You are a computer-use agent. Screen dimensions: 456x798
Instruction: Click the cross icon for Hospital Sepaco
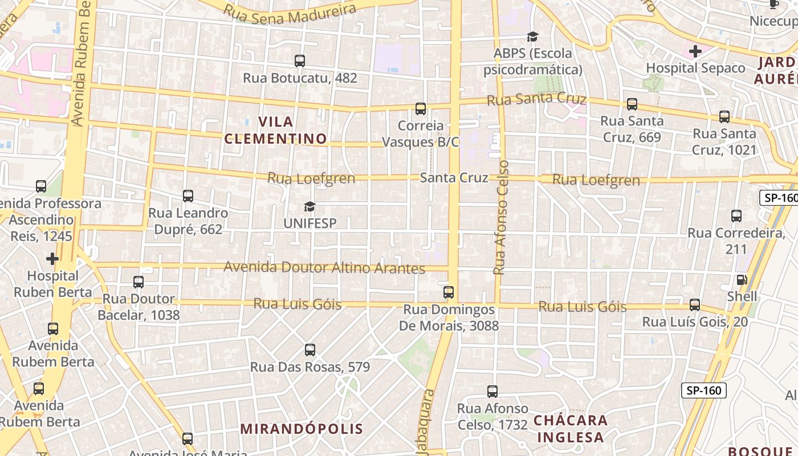coord(695,51)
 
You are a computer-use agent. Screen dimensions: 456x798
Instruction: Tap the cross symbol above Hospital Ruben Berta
coord(52,259)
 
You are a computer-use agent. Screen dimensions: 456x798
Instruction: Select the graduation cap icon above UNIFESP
coord(310,206)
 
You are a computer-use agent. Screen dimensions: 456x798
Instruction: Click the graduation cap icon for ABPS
coord(532,37)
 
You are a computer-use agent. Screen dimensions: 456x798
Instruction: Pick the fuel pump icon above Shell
coord(742,280)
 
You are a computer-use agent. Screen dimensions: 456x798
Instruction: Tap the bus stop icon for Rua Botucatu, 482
coord(300,60)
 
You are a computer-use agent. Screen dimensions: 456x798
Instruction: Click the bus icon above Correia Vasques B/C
coord(421,109)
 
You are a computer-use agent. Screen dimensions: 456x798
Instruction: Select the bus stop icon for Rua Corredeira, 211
coord(736,216)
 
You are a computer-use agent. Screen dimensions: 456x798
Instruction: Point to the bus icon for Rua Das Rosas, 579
coord(310,350)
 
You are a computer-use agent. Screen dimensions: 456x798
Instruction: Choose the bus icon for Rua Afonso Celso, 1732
coord(492,392)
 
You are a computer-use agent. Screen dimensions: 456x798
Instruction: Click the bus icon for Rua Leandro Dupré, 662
coord(188,196)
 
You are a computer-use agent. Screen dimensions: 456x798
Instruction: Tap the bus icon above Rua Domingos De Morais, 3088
coord(449,292)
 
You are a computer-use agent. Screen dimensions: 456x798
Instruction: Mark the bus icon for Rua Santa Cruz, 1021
coord(724,117)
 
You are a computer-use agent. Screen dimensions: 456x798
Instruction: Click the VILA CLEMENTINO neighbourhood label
coord(276,130)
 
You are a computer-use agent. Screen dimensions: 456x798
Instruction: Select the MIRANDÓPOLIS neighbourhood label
coord(302,429)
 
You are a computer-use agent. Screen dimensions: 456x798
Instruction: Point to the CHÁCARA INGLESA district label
coord(571,429)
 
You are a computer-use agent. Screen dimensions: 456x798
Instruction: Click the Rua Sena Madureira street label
coord(290,13)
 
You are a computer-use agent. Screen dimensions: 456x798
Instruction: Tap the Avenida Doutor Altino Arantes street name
coord(324,267)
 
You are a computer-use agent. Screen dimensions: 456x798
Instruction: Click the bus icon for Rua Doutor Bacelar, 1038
coord(139,282)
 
